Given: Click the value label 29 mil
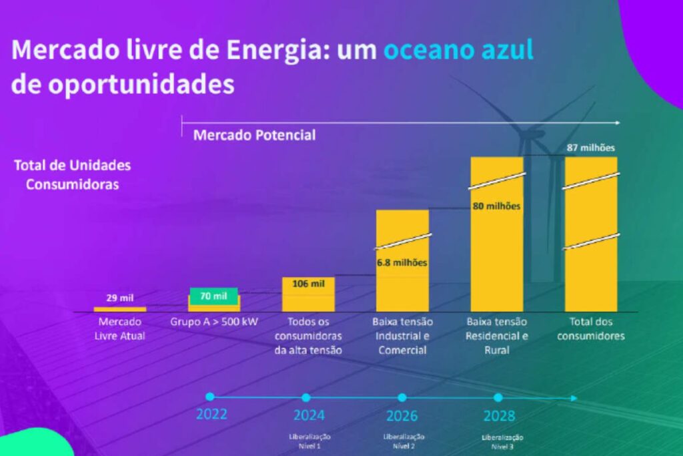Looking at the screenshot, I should point(120,298).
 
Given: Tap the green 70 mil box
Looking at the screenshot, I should point(214,296).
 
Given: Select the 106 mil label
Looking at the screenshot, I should point(309,283).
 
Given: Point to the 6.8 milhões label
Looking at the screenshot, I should point(402,262).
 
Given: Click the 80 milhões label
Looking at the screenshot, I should point(496,206).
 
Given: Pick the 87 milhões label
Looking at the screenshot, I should point(591,148).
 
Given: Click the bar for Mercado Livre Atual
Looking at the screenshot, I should point(120,309).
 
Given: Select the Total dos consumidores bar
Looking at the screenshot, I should point(591,234).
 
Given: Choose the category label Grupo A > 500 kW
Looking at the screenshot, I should point(214,321).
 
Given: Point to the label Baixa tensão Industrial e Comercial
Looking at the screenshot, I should point(402,336).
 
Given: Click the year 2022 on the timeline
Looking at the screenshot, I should point(211,414).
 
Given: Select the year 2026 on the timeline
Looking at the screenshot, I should point(402,416).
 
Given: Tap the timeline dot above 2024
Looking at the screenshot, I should point(306,397).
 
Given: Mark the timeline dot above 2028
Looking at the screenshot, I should point(498,397).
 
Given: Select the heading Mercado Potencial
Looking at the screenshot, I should point(254,135).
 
